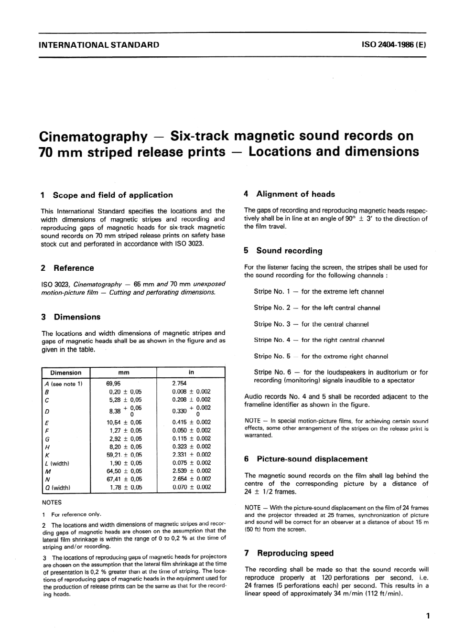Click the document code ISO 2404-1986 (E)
pos(394,45)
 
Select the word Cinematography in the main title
pos(93,137)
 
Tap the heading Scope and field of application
pos(112,195)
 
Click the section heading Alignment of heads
pos(295,194)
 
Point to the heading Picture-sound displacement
pos(312,459)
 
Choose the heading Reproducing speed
pos(295,553)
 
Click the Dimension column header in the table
pos(66,373)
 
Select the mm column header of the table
pos(123,373)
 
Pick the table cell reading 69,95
pos(114,383)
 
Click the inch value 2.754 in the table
pos(179,383)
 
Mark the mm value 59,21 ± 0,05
pos(124,455)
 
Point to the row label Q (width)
pos(57,488)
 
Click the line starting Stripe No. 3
pos(311,324)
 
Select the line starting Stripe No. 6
pos(341,372)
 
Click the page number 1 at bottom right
pos(427,616)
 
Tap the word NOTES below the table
pos(52,502)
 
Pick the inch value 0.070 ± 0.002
pos(191,487)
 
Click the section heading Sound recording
pos(289,251)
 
